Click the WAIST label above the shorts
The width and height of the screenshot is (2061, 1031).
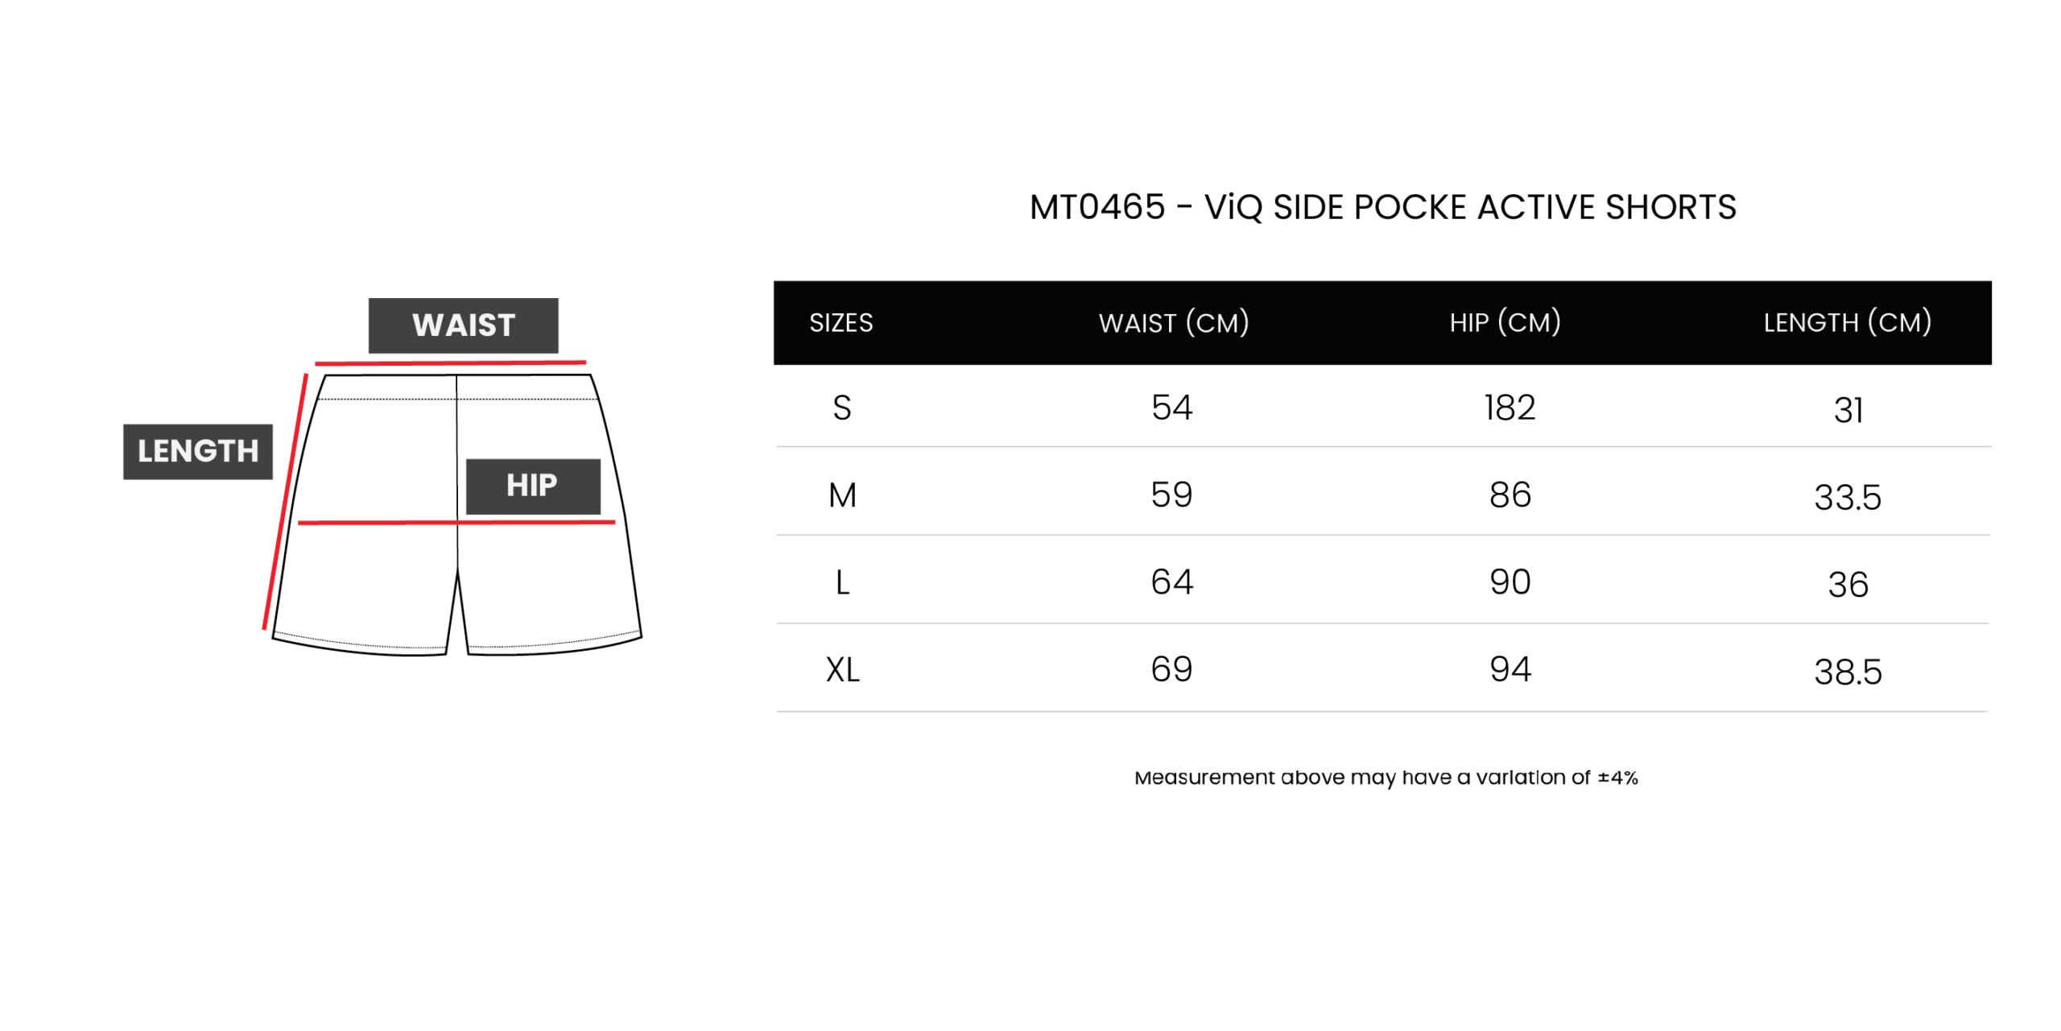(x=463, y=325)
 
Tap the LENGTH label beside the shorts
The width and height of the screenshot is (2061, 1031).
(x=197, y=451)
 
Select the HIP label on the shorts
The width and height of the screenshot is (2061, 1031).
(x=532, y=486)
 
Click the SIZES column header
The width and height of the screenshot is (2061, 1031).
(x=841, y=323)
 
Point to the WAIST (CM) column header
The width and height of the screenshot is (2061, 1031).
(x=1173, y=323)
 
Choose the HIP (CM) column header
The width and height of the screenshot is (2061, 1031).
(x=1505, y=322)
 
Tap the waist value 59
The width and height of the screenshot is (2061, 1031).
(x=1171, y=495)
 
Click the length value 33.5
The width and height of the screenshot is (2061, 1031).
(x=1847, y=498)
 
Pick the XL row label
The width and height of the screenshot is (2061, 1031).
(x=842, y=670)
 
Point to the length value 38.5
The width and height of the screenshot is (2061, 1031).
(x=1848, y=673)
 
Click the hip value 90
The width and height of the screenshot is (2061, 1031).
(x=1510, y=582)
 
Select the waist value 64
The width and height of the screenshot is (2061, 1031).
(x=1171, y=582)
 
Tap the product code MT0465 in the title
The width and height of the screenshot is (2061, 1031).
(x=1097, y=207)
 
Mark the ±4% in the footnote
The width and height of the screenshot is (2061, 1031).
(x=1617, y=777)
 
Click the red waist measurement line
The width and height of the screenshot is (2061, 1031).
(x=450, y=362)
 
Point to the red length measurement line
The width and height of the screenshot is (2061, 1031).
(x=285, y=501)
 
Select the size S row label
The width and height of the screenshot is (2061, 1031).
(x=841, y=408)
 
